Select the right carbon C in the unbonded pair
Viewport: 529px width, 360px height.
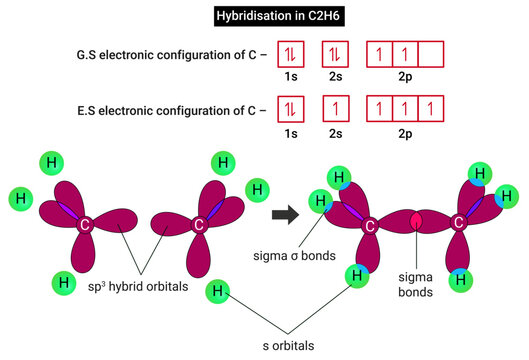pos(198,225)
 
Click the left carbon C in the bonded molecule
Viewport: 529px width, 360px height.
pos(370,226)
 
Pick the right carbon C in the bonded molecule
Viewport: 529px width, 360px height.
pos(462,225)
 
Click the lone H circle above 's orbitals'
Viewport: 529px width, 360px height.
pos(217,292)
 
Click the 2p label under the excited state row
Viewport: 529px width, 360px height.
pos(406,130)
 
